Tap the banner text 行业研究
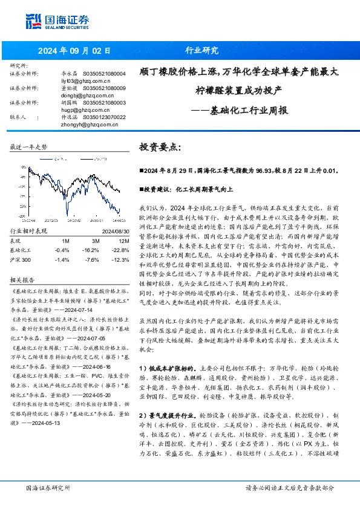pyautogui.click(x=201, y=51)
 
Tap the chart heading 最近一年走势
pyautogui.click(x=28, y=147)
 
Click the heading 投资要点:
pyautogui.click(x=160, y=147)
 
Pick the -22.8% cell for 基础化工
pyautogui.click(x=120, y=249)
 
